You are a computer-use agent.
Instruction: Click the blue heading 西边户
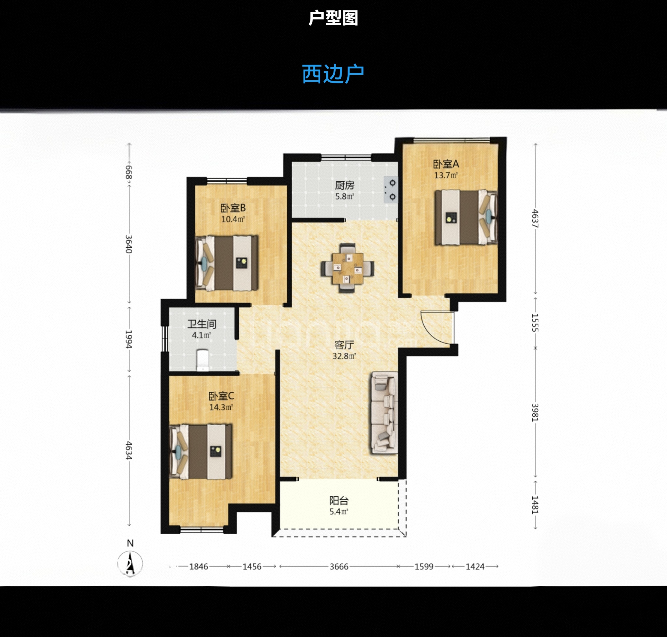coord(333,74)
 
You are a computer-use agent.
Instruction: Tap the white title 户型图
coord(333,18)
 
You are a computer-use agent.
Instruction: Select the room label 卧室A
coord(446,164)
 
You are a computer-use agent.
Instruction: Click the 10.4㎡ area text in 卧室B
coord(233,219)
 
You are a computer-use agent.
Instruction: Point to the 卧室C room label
coord(221,396)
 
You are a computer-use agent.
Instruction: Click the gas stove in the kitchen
coord(391,190)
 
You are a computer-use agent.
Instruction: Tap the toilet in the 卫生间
coord(203,360)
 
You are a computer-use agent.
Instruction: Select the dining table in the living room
coord(347,268)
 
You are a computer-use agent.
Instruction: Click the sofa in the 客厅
coord(385,412)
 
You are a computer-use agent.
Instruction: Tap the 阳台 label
coord(339,500)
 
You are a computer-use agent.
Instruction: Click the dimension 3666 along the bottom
coord(339,567)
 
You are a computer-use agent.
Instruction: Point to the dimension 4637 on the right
coord(535,218)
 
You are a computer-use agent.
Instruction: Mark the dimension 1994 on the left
coord(129,339)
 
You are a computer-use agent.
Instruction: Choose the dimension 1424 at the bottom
coord(475,567)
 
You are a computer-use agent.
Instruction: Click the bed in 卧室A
coord(466,217)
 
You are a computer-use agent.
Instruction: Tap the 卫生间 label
coord(202,324)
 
